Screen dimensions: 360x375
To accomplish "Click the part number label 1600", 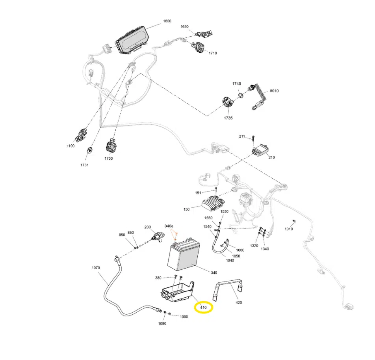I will tap(167, 21).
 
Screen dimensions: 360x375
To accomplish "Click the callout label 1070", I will tap(96, 268).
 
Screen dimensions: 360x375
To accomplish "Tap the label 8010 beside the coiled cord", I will tap(274, 91).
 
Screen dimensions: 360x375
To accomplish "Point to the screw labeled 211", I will tap(253, 138).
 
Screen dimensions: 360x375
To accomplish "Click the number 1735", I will tap(228, 118).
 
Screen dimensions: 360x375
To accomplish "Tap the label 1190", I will tap(71, 146).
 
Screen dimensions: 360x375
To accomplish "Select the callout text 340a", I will tap(169, 226).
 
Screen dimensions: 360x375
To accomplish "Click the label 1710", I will tap(213, 53).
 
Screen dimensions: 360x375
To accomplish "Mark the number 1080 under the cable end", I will tap(162, 323).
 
